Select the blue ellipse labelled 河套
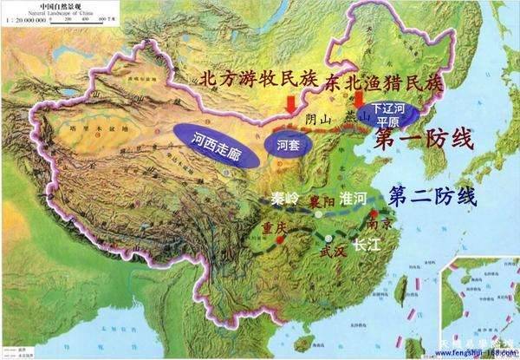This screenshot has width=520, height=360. pyautogui.click(x=287, y=145)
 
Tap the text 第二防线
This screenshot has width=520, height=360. pyautogui.click(x=433, y=195)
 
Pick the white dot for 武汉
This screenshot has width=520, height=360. pyautogui.click(x=328, y=236)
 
